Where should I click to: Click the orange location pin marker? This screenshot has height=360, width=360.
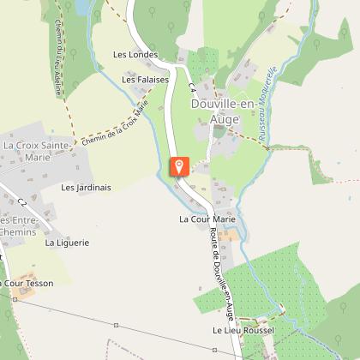pyautogui.click(x=179, y=165)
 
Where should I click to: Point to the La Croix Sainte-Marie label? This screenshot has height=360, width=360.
pyautogui.click(x=36, y=151)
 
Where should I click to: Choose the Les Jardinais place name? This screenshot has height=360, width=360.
pyautogui.click(x=86, y=187)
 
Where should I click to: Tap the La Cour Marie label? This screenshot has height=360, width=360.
pyautogui.click(x=207, y=219)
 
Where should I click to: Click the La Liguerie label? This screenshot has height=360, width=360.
pyautogui.click(x=67, y=243)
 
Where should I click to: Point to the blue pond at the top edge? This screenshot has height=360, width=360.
pyautogui.click(x=81, y=7)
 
